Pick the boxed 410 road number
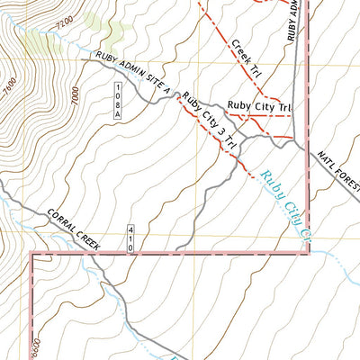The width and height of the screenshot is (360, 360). pyautogui.click(x=131, y=238)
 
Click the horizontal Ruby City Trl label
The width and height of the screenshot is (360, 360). pyautogui.click(x=259, y=107)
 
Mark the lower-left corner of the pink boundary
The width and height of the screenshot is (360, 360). pyautogui.click(x=34, y=254)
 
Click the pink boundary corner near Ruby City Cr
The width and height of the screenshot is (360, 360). pyautogui.click(x=309, y=253)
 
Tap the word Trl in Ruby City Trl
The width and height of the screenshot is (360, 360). pyautogui.click(x=283, y=107)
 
